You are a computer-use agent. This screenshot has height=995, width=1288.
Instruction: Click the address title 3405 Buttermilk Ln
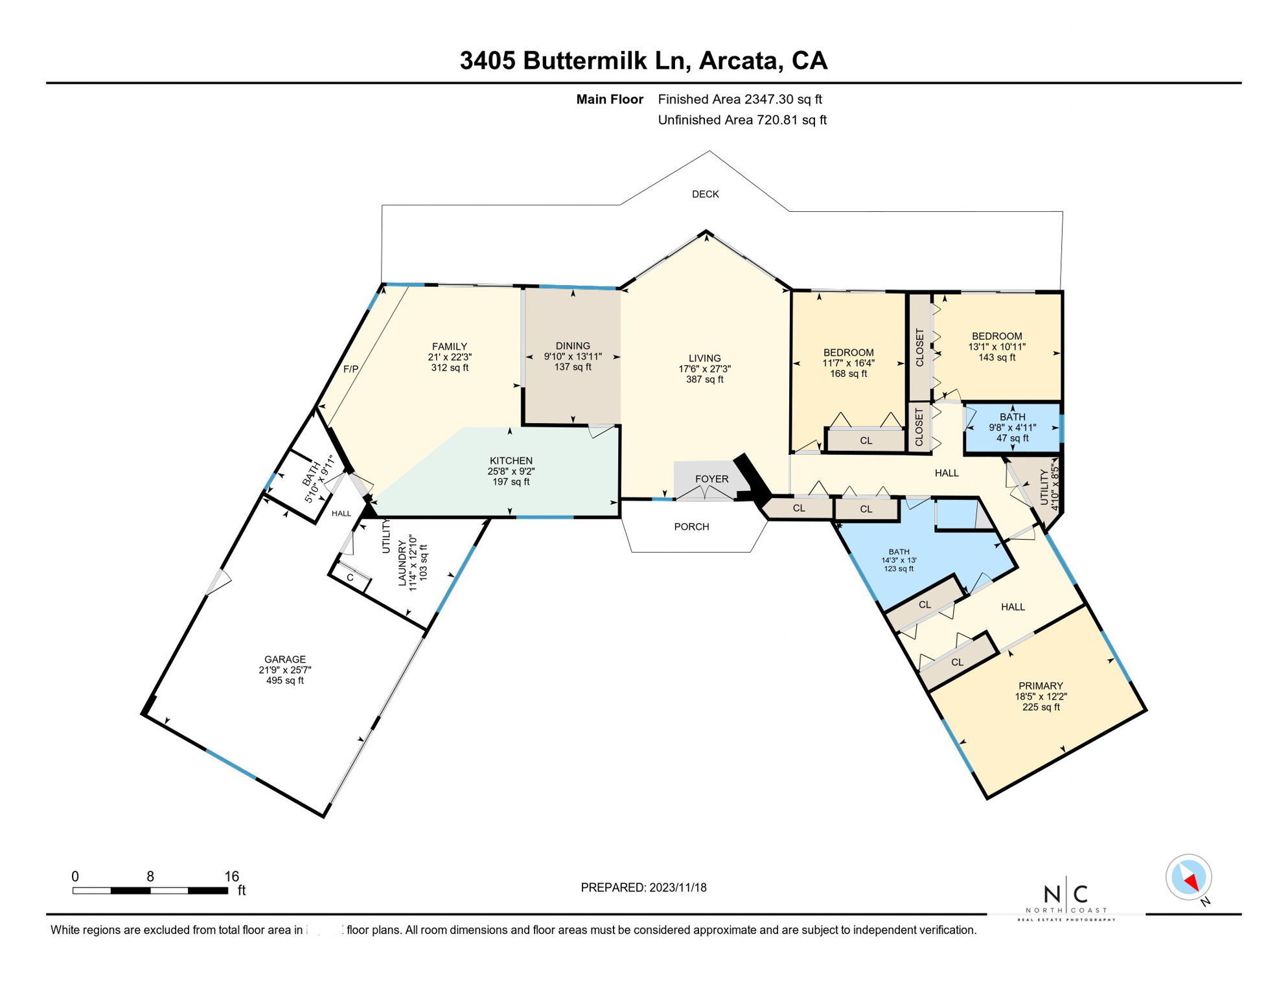click(x=569, y=61)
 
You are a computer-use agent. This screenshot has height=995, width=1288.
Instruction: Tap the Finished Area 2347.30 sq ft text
click(x=739, y=99)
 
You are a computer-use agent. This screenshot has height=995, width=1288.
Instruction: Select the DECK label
click(x=705, y=194)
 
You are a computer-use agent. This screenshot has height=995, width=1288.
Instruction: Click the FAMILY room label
click(x=450, y=347)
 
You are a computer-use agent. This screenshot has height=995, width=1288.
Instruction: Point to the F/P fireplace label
click(x=351, y=369)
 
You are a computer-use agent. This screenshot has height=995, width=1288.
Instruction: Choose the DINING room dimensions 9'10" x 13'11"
click(x=573, y=356)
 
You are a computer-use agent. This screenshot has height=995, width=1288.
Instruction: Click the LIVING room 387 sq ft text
click(x=704, y=380)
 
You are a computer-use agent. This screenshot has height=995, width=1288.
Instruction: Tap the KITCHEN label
click(x=511, y=461)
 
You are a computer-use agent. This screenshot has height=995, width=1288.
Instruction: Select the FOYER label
click(x=711, y=479)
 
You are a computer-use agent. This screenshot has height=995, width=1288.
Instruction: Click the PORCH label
click(x=691, y=527)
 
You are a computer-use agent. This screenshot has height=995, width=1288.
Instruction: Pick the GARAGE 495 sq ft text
click(x=284, y=681)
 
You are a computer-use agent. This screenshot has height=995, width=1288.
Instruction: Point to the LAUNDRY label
click(x=402, y=569)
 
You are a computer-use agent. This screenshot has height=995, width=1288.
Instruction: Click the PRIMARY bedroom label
click(x=1041, y=686)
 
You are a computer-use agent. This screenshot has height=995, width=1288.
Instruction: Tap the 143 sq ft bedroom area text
click(x=996, y=358)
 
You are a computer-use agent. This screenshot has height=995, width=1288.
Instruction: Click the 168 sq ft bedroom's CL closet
click(x=866, y=441)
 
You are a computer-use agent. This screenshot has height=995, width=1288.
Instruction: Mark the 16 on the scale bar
click(x=231, y=876)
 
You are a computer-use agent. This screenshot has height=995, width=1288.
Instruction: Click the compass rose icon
click(x=1188, y=878)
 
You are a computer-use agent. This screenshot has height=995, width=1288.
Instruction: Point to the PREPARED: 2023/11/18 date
click(x=643, y=887)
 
